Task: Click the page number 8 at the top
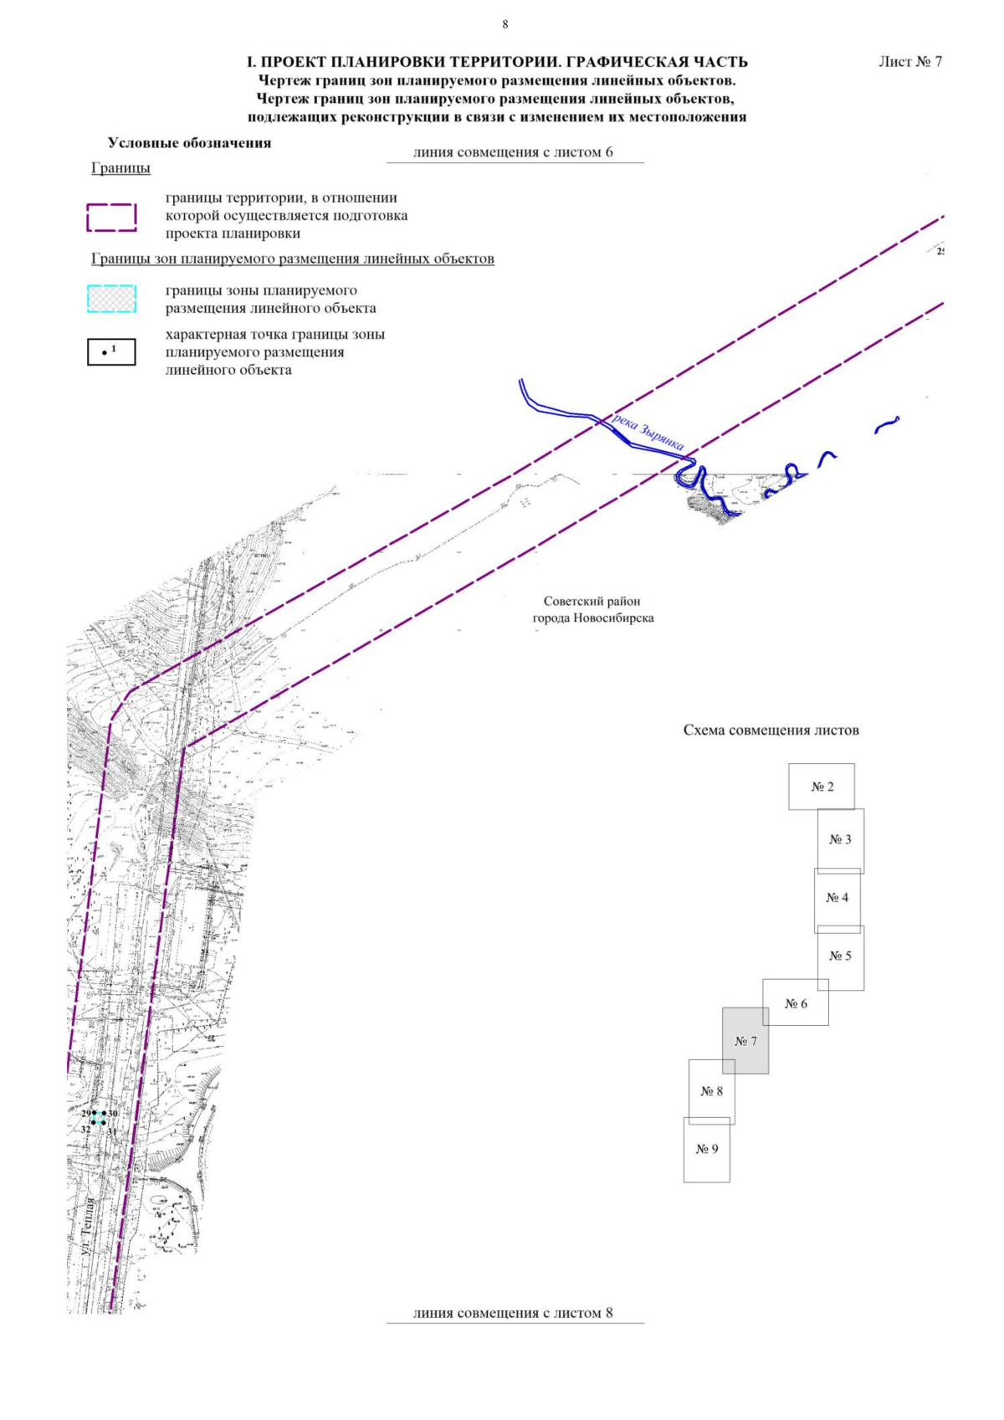505,24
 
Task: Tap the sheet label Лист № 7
910,62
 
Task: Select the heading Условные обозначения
189,143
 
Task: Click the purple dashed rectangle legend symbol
112,218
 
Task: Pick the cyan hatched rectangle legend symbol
112,300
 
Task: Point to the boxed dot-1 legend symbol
112,351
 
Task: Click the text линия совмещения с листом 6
513,152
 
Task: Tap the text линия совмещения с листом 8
513,1313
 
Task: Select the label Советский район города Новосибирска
592,610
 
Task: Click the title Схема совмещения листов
771,731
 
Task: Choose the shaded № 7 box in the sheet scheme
745,1041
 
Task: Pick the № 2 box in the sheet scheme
822,787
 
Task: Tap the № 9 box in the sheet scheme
707,1149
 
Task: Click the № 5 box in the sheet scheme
841,956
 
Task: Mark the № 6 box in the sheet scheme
796,1003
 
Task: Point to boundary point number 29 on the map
94,1114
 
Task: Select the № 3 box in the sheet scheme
841,840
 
